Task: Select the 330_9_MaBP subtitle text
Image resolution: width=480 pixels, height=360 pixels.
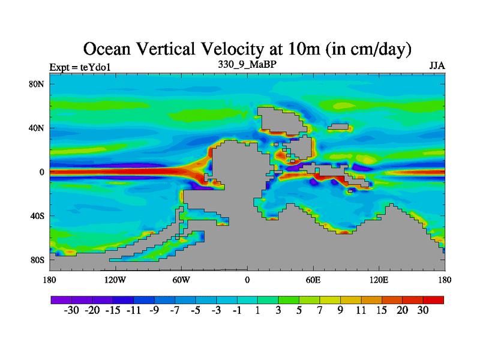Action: pos(247,64)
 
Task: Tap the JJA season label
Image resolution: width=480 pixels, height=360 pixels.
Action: pos(436,65)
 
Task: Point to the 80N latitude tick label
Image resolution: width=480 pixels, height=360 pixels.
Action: pos(37,84)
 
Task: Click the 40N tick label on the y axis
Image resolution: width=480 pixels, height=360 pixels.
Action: pos(37,128)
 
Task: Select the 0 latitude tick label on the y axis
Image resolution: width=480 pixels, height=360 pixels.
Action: pos(42,172)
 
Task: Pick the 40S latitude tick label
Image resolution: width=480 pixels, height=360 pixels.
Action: pos(37,216)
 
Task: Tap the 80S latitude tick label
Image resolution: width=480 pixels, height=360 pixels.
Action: pos(37,260)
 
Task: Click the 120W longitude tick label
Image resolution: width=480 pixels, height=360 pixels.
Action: pos(115,280)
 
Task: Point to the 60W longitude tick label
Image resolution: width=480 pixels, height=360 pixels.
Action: pos(181,280)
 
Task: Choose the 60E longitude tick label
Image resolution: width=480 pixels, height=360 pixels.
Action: pos(313,280)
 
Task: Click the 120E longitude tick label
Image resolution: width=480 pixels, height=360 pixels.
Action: pos(379,280)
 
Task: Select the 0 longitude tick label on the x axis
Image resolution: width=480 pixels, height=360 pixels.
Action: pos(247,280)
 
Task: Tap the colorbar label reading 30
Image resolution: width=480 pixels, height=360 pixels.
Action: pos(424,310)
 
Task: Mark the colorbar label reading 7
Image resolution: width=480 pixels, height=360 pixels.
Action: pos(320,310)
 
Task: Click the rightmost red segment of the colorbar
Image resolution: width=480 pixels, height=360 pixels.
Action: pos(434,299)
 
